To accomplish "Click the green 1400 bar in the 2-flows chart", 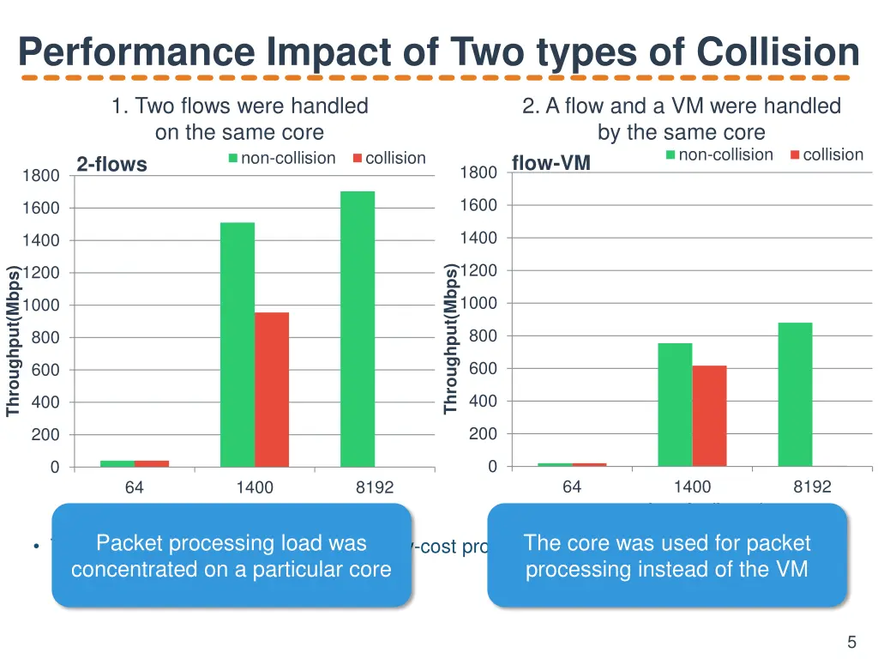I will (x=238, y=344).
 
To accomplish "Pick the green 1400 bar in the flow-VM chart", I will (x=675, y=404).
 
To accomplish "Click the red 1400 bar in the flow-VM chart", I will (x=709, y=415).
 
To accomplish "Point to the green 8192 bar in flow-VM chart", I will (x=795, y=394).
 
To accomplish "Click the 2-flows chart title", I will (x=111, y=164).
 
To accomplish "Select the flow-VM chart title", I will (x=550, y=163).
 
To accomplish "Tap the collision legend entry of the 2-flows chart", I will (x=388, y=158).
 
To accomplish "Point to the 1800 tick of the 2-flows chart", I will (x=40, y=176).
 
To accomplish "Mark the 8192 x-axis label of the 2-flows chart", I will (x=375, y=487).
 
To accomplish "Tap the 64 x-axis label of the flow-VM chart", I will (x=572, y=487).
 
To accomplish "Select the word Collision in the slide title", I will (x=778, y=52).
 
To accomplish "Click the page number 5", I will (x=851, y=642).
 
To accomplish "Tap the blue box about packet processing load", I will (x=232, y=555).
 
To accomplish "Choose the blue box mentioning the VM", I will (x=666, y=555).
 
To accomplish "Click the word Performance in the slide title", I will (x=136, y=52).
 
